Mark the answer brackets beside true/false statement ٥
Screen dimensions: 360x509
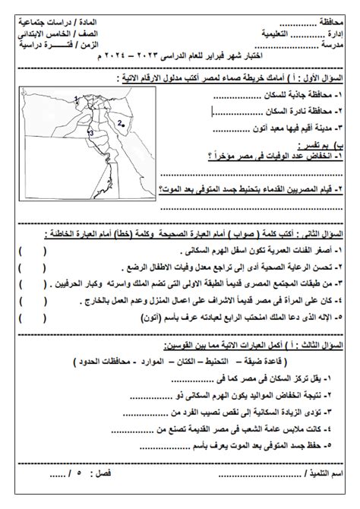[x=31, y=316]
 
